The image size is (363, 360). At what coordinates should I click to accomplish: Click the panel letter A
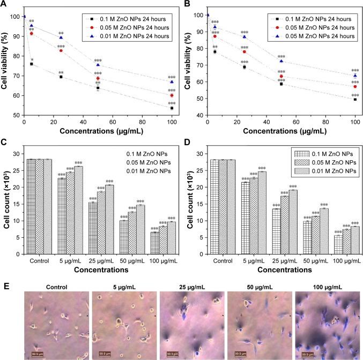point(4,5)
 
